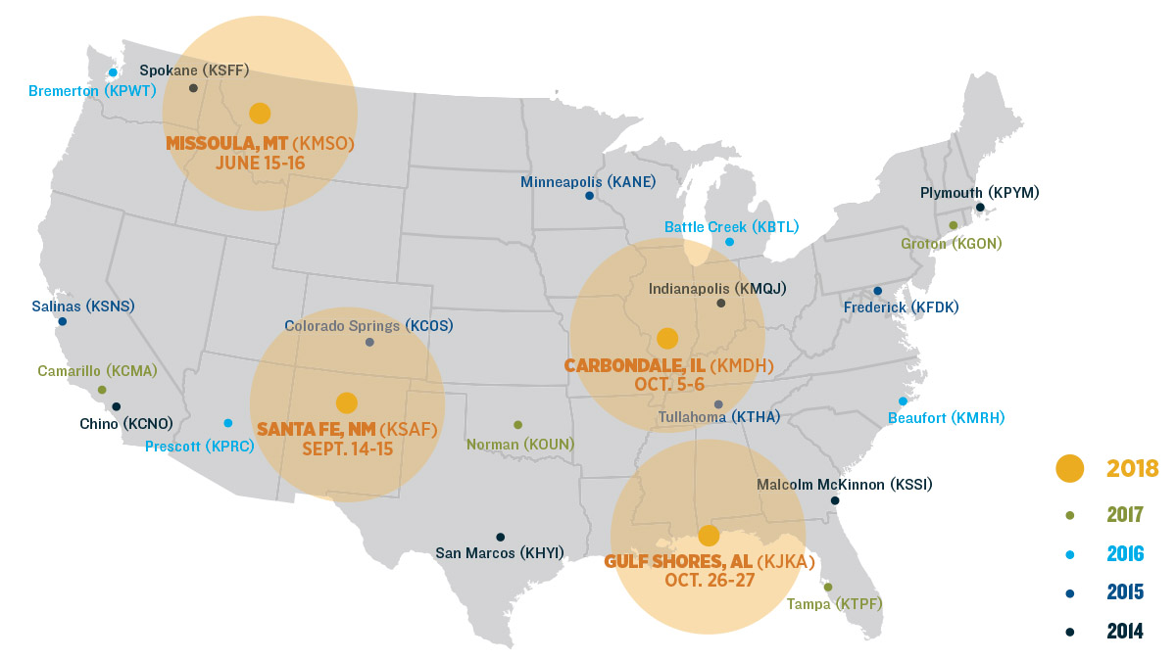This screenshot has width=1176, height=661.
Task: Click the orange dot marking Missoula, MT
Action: (x=260, y=113)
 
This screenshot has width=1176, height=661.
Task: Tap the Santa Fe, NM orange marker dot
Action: (x=346, y=402)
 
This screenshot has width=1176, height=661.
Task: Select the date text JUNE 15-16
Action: (x=260, y=163)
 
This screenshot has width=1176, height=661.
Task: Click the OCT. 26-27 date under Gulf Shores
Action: (x=708, y=580)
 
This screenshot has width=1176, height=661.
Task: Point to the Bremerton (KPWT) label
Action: (x=92, y=91)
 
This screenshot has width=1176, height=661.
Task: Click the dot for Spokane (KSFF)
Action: (x=193, y=87)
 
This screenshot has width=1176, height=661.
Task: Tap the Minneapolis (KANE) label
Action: (x=588, y=182)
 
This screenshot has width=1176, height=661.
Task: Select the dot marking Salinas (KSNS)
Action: (x=63, y=321)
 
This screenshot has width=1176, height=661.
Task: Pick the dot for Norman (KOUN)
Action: (x=517, y=425)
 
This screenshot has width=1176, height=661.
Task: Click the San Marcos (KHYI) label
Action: (x=500, y=553)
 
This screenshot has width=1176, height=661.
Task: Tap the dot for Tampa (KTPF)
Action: (x=828, y=588)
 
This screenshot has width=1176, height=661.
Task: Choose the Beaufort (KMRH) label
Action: (x=946, y=418)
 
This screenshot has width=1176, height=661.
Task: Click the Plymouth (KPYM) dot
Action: (x=980, y=207)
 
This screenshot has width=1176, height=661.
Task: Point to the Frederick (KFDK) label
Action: (x=901, y=307)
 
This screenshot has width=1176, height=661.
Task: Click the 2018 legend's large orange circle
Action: (x=1069, y=468)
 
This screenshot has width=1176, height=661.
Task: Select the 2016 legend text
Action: (x=1125, y=554)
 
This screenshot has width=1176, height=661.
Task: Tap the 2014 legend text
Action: (x=1125, y=632)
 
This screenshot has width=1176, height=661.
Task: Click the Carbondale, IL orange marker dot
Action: (x=667, y=339)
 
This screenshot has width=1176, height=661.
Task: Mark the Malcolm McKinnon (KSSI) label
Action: (x=844, y=485)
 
